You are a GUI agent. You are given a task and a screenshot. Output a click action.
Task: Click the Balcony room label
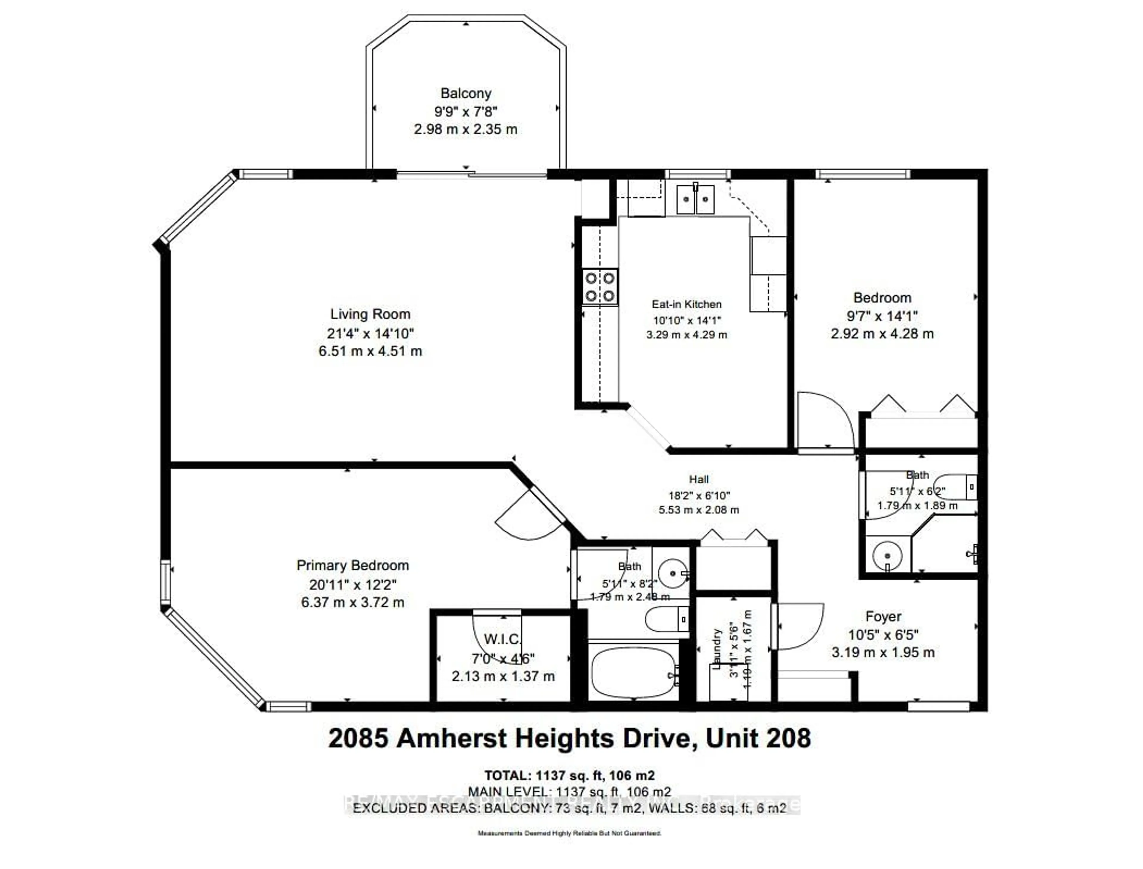pyautogui.click(x=466, y=93)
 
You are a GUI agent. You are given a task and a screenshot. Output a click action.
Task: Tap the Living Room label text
pyautogui.click(x=370, y=314)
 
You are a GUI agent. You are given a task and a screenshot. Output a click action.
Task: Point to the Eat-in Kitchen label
pyautogui.click(x=686, y=305)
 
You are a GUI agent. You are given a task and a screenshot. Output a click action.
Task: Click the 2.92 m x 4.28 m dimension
pyautogui.click(x=882, y=334)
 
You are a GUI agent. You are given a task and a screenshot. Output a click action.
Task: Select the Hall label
pyautogui.click(x=699, y=480)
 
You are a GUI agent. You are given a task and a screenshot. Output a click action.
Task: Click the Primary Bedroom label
pyautogui.click(x=353, y=565)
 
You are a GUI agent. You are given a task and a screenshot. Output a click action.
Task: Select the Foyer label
pyautogui.click(x=883, y=617)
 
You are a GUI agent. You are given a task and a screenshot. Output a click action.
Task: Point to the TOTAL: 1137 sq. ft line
pyautogui.click(x=569, y=776)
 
